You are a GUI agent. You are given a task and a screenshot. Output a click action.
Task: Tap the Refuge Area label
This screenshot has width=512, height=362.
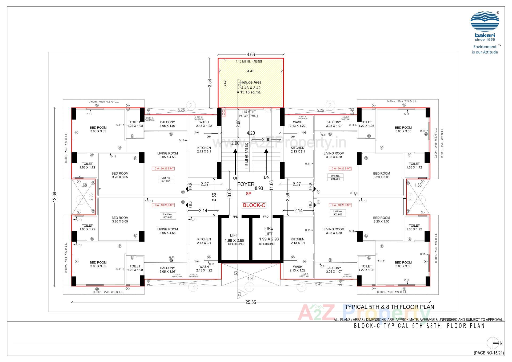251,82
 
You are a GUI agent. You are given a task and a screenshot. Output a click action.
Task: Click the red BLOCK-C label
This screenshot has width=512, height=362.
254,205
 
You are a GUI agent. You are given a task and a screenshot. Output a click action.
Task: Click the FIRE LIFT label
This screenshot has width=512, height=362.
269,231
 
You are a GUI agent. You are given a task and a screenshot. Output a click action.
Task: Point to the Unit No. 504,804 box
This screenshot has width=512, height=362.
166,179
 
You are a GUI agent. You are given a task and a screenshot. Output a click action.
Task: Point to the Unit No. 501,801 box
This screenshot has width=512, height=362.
335,177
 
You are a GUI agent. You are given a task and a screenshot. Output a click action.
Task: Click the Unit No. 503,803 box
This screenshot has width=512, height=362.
168,216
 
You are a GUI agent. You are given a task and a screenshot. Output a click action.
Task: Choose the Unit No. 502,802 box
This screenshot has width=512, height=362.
338,213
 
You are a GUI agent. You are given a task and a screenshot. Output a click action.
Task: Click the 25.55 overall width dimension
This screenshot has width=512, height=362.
250,302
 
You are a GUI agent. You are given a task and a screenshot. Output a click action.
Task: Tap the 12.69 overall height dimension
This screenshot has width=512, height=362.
55,197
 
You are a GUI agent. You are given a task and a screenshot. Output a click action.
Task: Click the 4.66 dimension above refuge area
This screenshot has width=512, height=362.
251,55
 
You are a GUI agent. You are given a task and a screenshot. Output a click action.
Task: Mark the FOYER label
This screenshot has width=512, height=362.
246,184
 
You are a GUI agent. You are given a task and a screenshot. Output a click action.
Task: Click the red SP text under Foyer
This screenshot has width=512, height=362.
248,194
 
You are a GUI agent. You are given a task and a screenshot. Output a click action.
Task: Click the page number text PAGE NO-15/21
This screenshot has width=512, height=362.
489,353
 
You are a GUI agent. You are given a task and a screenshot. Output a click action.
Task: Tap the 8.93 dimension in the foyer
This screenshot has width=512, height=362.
259,188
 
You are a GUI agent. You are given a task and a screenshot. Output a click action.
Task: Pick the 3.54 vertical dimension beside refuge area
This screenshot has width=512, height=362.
210,83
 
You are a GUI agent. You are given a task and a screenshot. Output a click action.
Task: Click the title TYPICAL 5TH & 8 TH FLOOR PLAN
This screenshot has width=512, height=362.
389,307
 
